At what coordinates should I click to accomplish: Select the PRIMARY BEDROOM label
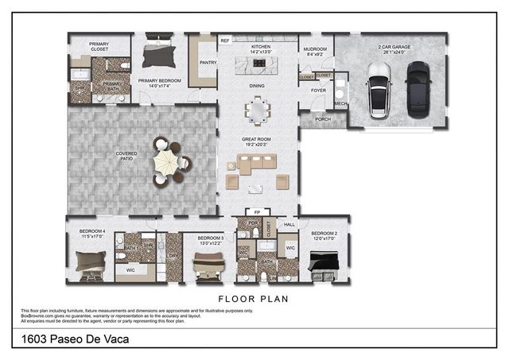159,80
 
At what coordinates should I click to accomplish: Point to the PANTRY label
208,63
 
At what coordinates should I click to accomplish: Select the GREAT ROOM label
258,140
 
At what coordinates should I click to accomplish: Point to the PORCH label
323,120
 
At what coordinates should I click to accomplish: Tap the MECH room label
340,103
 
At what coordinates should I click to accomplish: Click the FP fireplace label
256,212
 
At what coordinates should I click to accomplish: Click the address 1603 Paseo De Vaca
72,339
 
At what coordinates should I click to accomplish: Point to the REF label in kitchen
225,40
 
